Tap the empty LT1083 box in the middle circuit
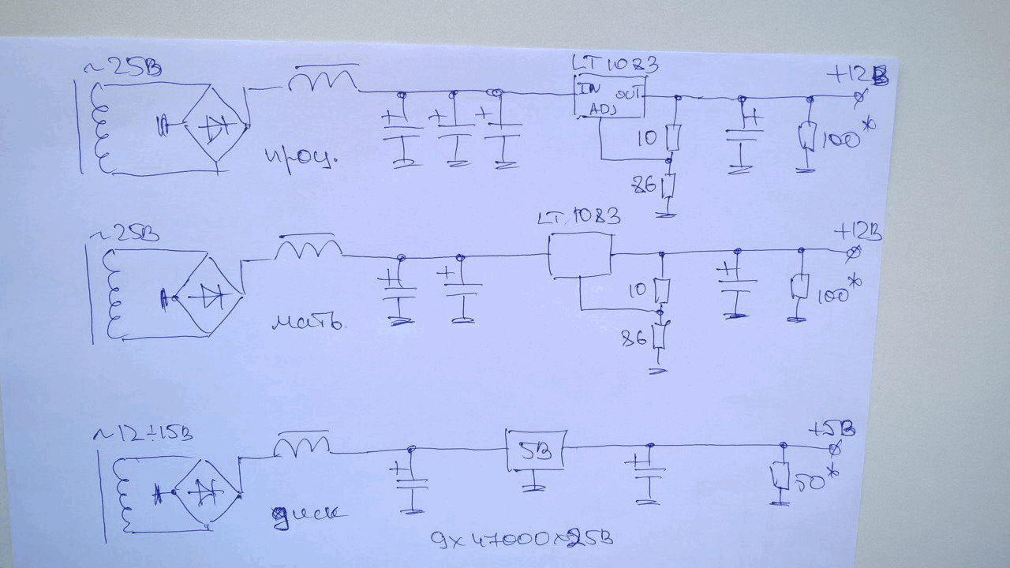pyautogui.click(x=580, y=256)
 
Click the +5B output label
pyautogui.click(x=834, y=430)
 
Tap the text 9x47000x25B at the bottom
pyautogui.click(x=522, y=540)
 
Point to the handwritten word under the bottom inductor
pyautogui.click(x=308, y=514)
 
